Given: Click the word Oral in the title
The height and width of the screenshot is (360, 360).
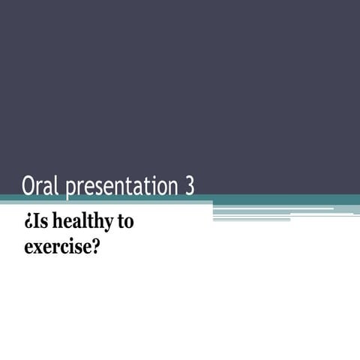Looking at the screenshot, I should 40,185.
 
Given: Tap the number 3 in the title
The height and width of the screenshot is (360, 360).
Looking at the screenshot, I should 188,185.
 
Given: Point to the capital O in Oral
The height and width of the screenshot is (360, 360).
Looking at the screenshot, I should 29,185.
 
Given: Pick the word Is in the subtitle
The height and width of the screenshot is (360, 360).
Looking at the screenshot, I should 37,222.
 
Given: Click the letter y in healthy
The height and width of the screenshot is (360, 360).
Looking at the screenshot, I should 103,225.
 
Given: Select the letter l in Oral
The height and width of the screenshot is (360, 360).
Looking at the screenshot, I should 57,184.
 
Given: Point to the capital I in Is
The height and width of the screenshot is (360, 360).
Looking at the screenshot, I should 33,222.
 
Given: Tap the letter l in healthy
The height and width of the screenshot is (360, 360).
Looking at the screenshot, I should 84,222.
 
